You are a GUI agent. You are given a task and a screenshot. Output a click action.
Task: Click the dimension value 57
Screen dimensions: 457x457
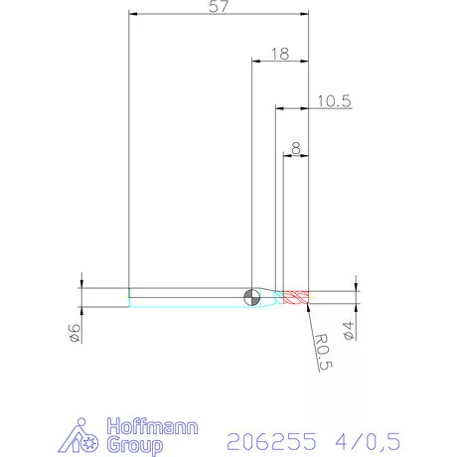click(220, 7)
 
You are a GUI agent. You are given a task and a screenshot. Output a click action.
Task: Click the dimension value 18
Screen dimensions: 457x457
click(279, 55)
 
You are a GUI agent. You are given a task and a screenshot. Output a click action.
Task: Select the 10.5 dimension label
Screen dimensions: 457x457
click(334, 100)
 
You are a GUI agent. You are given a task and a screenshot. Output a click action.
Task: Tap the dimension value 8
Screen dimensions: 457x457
click(296, 148)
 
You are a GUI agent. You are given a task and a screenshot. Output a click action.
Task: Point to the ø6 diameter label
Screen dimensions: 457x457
click(74, 330)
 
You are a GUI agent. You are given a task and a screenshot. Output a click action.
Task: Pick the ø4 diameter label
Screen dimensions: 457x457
click(347, 330)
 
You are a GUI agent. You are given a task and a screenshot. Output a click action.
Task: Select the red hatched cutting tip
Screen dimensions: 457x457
click(297, 297)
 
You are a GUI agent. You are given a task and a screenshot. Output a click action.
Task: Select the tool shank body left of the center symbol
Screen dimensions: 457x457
click(189, 297)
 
